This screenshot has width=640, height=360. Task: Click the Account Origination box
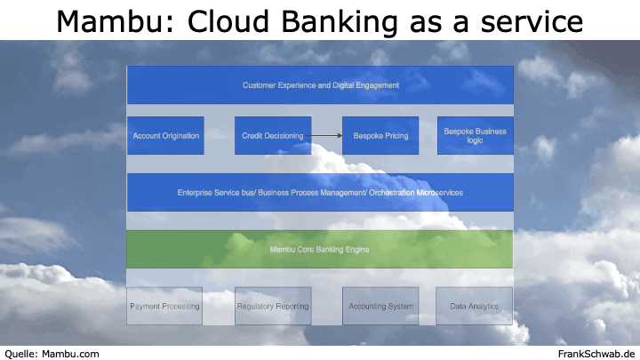click(165, 135)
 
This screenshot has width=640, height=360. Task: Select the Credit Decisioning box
click(273, 135)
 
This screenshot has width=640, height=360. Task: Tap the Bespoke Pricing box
click(380, 135)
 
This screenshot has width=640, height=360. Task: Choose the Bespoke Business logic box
click(476, 135)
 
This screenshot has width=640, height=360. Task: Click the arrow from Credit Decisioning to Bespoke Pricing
click(324, 135)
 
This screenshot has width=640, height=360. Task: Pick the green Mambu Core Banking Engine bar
click(320, 249)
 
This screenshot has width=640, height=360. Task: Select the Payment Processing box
click(164, 306)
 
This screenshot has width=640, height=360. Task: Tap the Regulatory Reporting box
click(273, 306)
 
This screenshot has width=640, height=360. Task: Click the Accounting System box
click(380, 306)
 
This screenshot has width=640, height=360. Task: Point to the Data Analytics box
click(475, 306)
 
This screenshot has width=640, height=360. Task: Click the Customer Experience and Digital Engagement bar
click(320, 85)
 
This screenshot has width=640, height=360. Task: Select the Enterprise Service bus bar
click(320, 192)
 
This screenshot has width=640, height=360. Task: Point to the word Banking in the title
click(340, 22)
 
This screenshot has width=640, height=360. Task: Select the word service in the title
click(532, 21)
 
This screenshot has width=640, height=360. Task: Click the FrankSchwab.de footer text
click(596, 354)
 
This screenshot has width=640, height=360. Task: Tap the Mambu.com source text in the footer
click(70, 354)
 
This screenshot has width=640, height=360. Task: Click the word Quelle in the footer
click(20, 354)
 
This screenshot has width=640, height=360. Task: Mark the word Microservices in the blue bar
click(439, 193)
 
